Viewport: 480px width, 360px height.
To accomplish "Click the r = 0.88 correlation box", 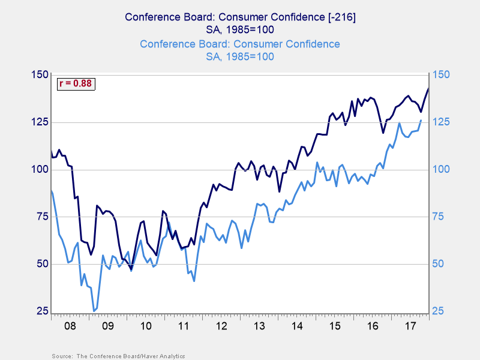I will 76,84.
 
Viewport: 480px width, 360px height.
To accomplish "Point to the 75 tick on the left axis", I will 42,217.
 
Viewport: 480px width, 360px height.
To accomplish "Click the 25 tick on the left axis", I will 42,311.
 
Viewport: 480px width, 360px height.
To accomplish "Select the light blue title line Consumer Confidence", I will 239,44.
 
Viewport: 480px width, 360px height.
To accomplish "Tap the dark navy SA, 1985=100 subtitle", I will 239,30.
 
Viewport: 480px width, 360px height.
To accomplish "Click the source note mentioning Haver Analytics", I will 118,356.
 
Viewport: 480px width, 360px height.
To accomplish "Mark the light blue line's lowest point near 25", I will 94,311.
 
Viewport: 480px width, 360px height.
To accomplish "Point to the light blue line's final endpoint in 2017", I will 421,120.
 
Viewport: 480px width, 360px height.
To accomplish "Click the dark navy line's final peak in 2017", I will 428,88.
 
